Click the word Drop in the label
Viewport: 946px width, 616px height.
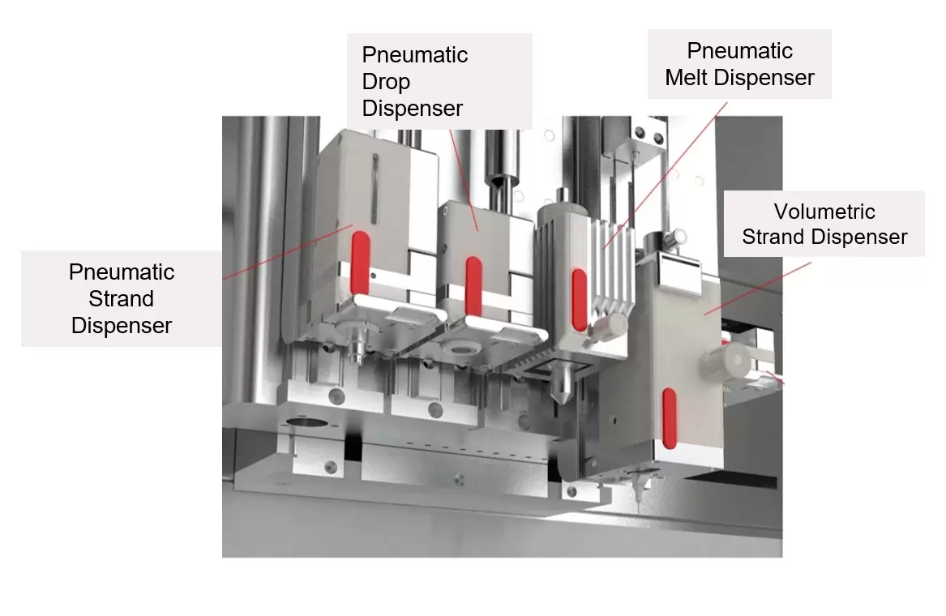[386, 82]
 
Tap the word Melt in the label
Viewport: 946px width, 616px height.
[689, 78]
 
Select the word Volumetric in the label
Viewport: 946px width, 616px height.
[824, 212]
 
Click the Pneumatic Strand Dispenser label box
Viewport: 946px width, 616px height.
[122, 298]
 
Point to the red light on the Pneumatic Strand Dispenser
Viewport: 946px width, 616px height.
[361, 263]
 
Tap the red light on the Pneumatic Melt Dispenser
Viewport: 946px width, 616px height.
[580, 299]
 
